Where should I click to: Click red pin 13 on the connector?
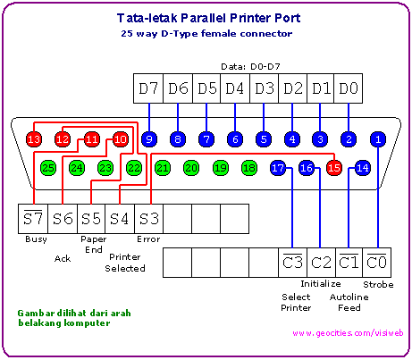34,139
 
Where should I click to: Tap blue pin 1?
378,139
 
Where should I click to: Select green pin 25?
48,168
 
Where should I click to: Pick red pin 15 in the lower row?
334,168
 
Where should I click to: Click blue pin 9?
149,139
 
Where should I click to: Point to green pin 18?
249,168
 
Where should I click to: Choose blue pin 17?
278,168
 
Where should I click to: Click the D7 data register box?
148,88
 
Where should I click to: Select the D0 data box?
349,88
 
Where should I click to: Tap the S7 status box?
33,219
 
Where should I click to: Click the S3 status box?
149,219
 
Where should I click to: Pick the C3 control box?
293,263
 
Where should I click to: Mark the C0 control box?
377,263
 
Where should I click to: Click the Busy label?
36,239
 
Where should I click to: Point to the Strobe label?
378,285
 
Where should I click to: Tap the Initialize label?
321,284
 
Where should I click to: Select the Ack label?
63,258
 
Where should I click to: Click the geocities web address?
348,333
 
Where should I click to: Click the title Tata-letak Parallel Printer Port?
208,18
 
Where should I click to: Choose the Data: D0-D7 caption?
250,66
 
